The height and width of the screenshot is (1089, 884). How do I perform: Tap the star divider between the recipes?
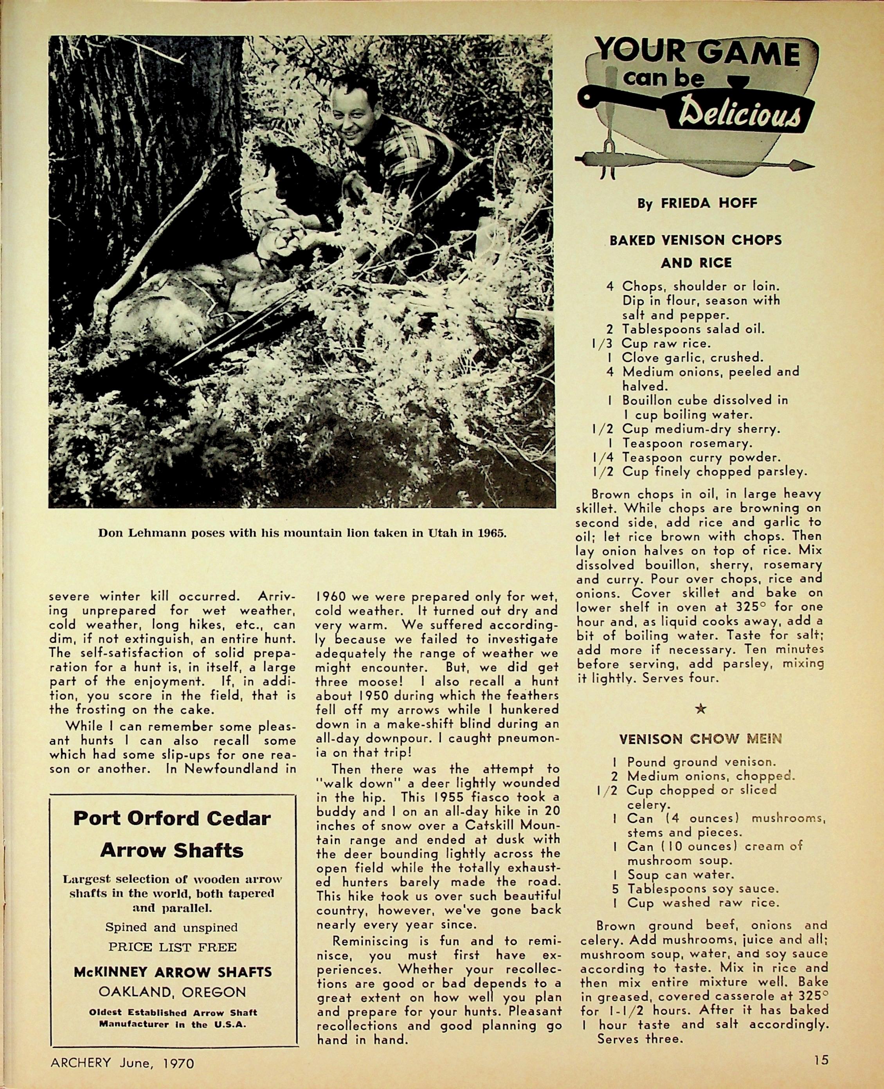(x=701, y=708)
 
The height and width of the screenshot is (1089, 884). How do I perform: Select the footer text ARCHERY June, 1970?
(x=122, y=1062)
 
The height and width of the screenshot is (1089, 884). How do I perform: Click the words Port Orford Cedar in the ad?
(x=172, y=818)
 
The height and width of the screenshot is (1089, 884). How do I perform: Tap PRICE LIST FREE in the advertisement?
(x=172, y=947)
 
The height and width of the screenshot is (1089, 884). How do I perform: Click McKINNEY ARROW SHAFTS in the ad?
(x=172, y=972)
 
